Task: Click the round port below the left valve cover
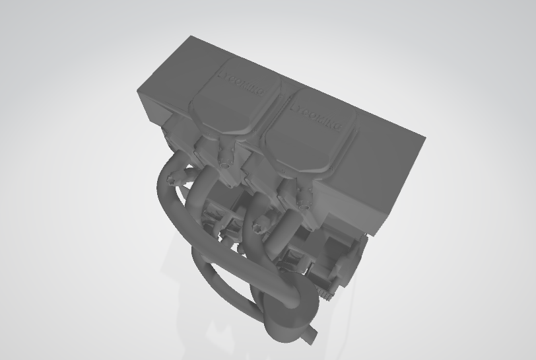pyautogui.click(x=224, y=159)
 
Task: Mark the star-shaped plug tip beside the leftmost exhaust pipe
pyautogui.click(x=174, y=178)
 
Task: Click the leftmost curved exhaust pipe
pyautogui.click(x=165, y=198)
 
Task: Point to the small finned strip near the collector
pyautogui.click(x=323, y=291)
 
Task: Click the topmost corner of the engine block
pyautogui.click(x=191, y=37)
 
